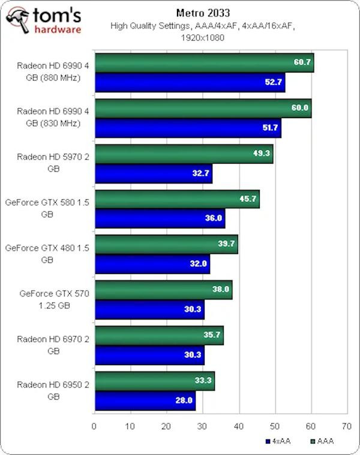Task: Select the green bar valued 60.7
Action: pyautogui.click(x=204, y=62)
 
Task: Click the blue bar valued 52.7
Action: pyautogui.click(x=189, y=83)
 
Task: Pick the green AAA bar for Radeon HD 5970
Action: pyautogui.click(x=184, y=153)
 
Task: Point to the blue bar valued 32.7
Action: pyautogui.click(x=153, y=173)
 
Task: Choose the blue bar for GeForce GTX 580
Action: pyautogui.click(x=160, y=218)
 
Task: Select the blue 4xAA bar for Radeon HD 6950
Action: pyautogui.click(x=145, y=400)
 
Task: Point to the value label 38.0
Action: pyautogui.click(x=221, y=290)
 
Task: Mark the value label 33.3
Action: pyautogui.click(x=204, y=380)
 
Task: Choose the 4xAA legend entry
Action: pyautogui.click(x=279, y=442)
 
